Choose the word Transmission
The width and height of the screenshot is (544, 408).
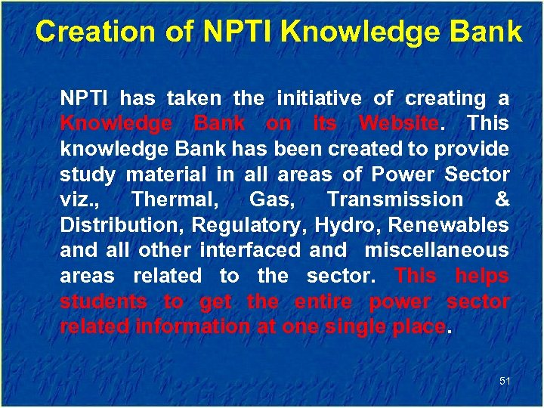pos(394,200)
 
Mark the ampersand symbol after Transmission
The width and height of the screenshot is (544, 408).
pos(501,200)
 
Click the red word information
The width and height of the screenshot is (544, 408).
pos(185,327)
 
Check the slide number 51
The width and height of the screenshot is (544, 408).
pos(505,382)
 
